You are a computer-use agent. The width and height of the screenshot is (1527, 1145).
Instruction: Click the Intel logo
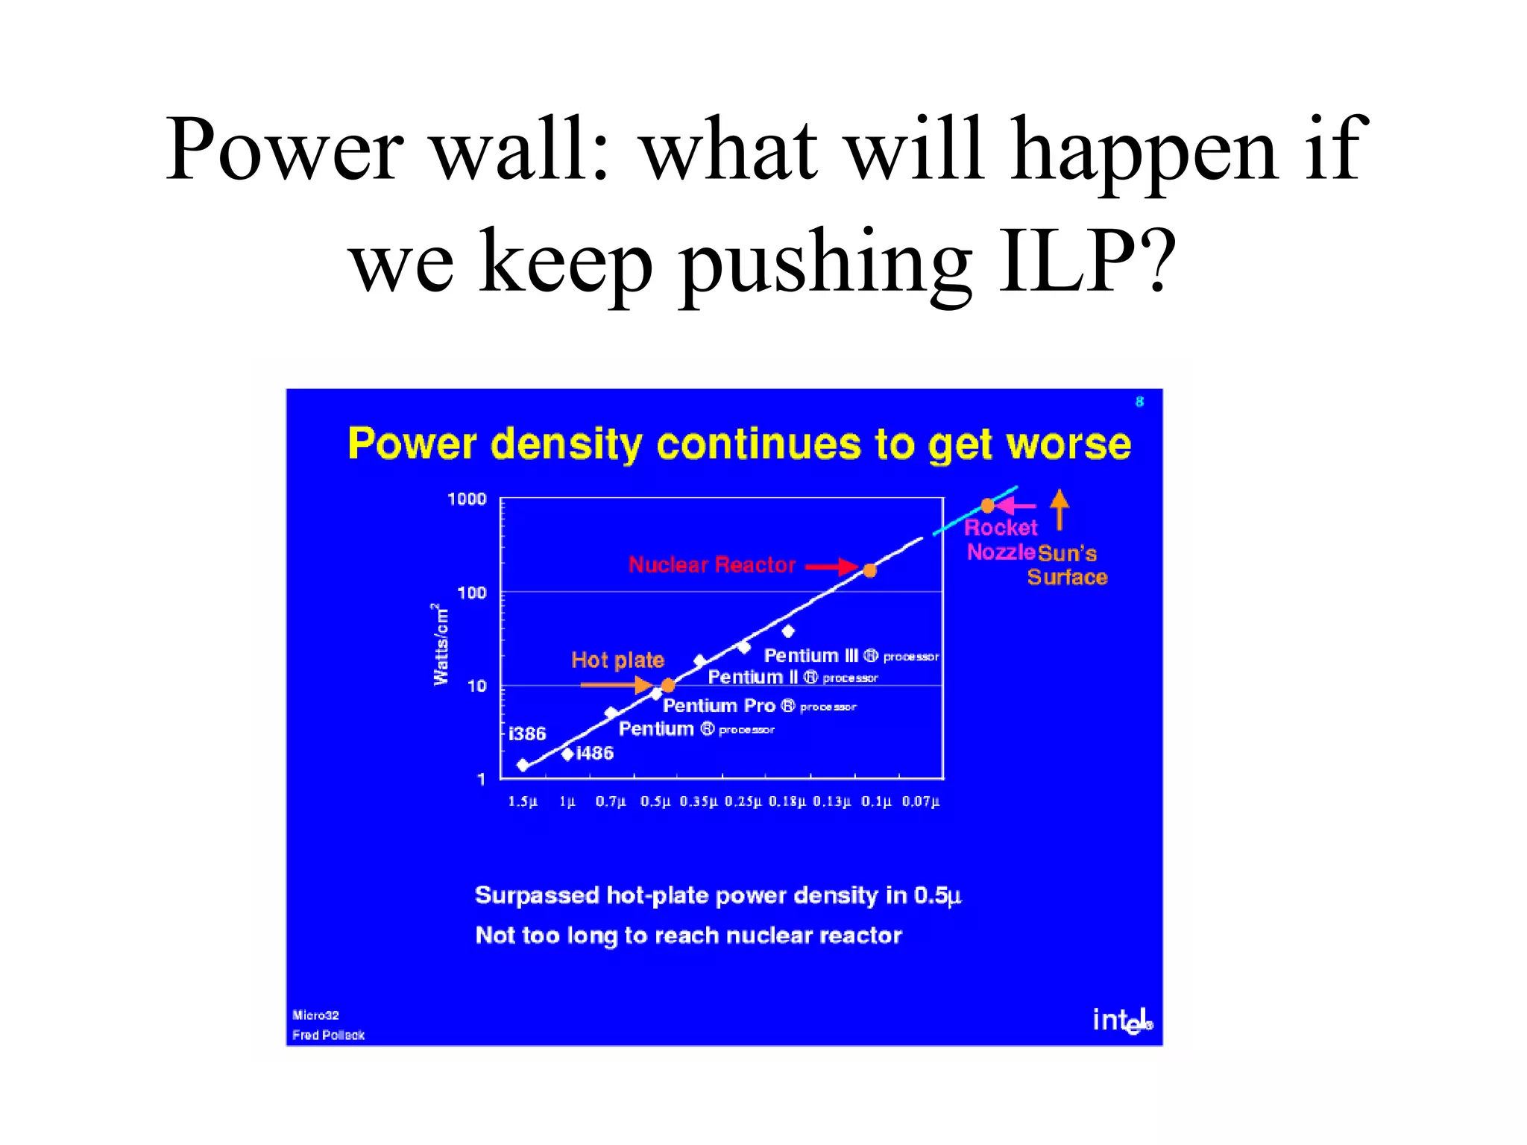(1121, 1020)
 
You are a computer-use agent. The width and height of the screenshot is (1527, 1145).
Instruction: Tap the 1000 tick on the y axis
(467, 499)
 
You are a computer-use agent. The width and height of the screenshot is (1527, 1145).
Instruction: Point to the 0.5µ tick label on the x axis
(655, 801)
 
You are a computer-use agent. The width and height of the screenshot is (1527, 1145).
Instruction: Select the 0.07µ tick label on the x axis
(921, 801)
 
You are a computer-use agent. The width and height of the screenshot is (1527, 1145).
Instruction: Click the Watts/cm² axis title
(441, 645)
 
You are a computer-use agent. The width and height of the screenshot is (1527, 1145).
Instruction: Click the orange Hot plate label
(617, 660)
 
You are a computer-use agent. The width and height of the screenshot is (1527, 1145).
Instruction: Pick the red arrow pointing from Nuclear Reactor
(832, 567)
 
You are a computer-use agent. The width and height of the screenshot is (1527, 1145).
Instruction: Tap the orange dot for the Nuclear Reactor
(869, 570)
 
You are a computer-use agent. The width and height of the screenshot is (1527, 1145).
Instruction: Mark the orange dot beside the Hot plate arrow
(668, 685)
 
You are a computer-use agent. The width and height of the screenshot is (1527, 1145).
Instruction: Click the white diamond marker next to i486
(567, 754)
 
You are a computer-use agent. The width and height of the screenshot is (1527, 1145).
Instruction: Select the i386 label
(527, 734)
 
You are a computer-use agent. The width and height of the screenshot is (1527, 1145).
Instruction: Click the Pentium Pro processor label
(759, 706)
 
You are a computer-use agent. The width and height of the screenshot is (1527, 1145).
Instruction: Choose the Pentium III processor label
(851, 656)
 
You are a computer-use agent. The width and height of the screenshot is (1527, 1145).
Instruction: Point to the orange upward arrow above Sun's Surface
(1060, 509)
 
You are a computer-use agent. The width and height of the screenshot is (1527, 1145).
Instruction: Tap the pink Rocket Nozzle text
(1001, 540)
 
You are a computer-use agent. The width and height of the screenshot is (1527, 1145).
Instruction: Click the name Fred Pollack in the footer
(328, 1035)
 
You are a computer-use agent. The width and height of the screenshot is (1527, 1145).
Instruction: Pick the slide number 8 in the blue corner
(1139, 402)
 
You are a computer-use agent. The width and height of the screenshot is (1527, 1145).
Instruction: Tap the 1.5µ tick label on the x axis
(522, 801)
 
